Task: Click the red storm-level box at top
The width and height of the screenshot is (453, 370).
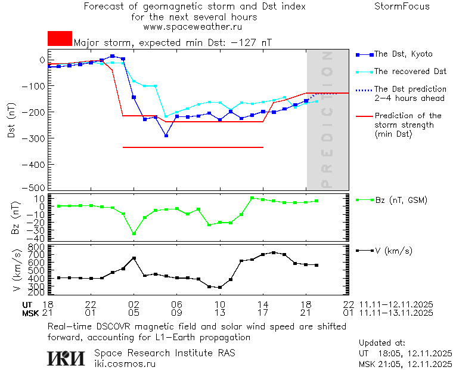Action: point(60,38)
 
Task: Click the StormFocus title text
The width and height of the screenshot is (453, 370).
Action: point(402,7)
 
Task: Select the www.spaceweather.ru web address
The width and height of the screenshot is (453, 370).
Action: point(193,27)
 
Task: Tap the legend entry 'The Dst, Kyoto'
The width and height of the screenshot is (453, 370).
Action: point(404,54)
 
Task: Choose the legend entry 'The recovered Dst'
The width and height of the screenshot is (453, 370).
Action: point(409,72)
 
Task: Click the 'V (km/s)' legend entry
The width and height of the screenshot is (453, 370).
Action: point(393,251)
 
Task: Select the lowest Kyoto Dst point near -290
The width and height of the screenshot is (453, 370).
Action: point(166,135)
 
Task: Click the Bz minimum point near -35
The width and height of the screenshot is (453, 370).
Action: point(134,233)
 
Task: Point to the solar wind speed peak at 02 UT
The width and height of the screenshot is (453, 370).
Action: point(134,258)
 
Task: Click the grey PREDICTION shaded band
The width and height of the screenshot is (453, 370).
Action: point(327,119)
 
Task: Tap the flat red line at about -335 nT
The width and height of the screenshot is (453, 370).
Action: point(193,147)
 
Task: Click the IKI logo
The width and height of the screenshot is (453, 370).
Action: point(66,357)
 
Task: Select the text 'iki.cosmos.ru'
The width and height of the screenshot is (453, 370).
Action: point(125,363)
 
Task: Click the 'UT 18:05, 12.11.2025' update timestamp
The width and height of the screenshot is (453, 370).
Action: point(405,353)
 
